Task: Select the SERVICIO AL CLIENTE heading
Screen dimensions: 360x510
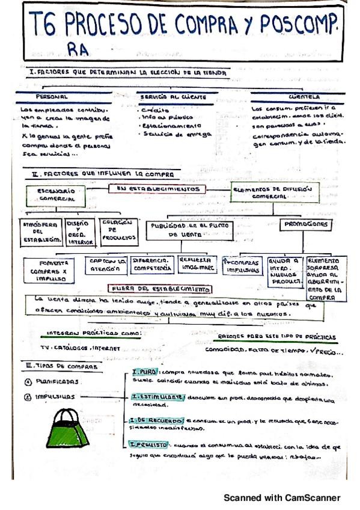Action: (x=173, y=96)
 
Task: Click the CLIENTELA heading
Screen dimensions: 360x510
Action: (x=304, y=96)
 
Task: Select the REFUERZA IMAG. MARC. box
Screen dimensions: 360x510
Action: (x=196, y=263)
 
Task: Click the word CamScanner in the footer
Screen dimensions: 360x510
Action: (x=315, y=497)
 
